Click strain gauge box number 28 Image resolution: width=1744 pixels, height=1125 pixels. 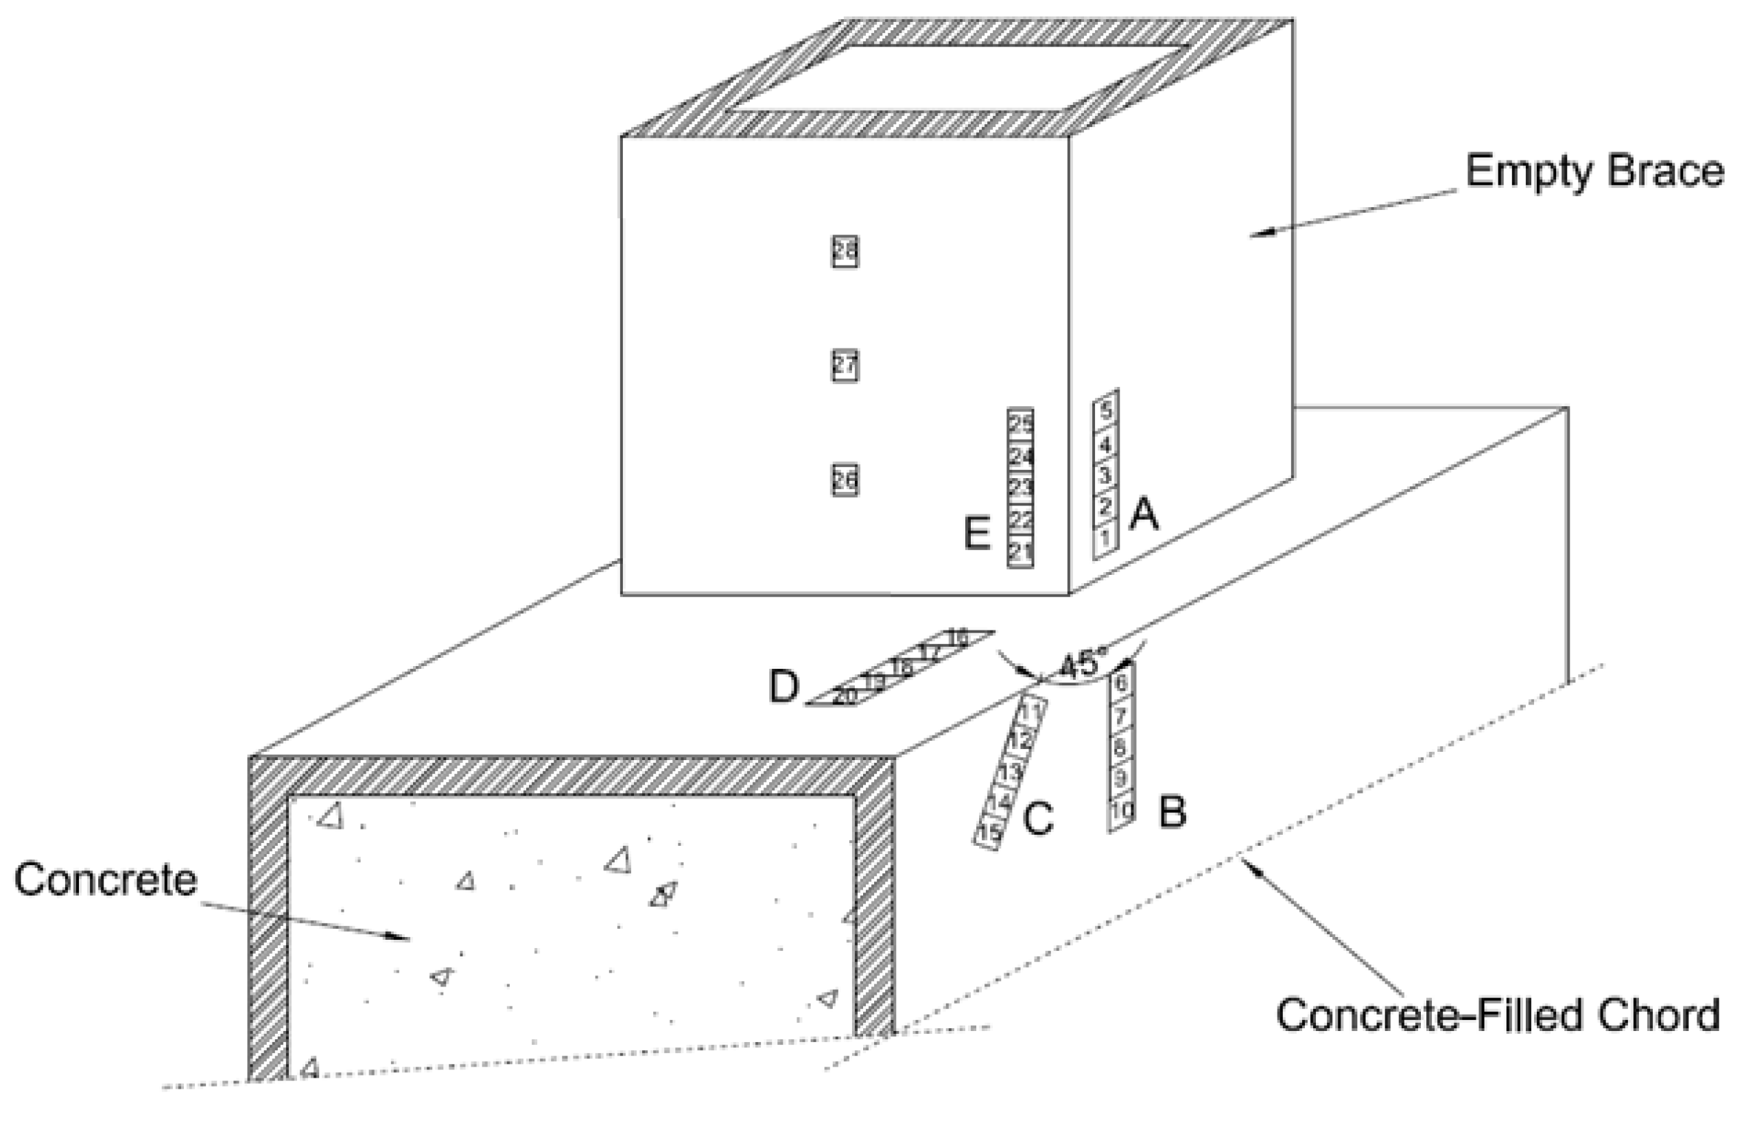[x=845, y=251]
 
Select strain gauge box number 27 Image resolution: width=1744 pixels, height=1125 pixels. [x=845, y=366]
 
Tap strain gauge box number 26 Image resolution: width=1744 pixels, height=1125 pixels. [x=845, y=480]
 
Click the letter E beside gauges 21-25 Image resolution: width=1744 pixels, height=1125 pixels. [x=978, y=533]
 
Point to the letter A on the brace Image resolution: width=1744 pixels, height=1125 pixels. [x=1144, y=515]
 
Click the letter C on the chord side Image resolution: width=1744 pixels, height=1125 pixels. [x=1037, y=818]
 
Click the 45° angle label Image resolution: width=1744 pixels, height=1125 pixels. [x=1080, y=665]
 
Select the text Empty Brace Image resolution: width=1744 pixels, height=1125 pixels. [x=1594, y=172]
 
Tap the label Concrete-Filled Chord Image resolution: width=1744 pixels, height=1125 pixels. [x=1498, y=1015]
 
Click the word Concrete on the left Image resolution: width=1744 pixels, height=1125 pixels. [x=106, y=879]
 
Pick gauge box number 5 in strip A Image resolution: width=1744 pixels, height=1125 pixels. [x=1106, y=410]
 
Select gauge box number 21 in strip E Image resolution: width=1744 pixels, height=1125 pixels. [x=1020, y=552]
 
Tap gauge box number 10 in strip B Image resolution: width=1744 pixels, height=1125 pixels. [x=1122, y=809]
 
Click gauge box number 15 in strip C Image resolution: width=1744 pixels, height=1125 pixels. [x=989, y=832]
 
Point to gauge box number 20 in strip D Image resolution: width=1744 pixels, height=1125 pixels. [x=844, y=696]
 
